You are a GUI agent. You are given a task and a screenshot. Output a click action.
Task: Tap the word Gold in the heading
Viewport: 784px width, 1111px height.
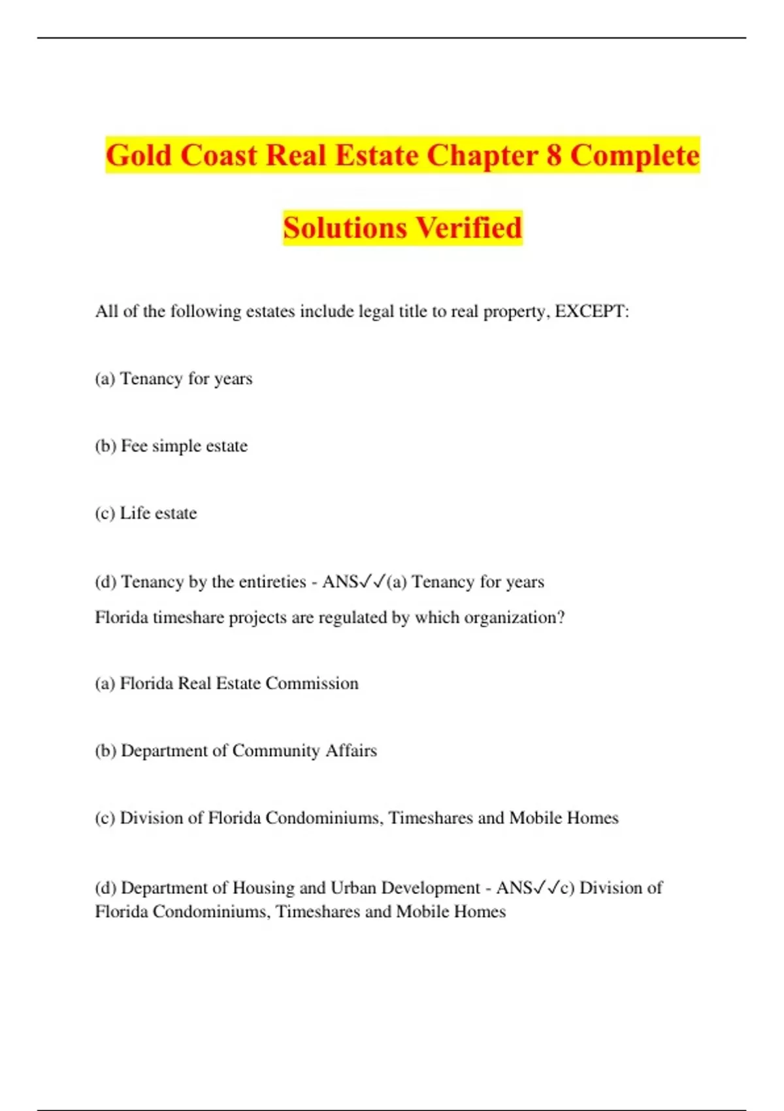pyautogui.click(x=139, y=156)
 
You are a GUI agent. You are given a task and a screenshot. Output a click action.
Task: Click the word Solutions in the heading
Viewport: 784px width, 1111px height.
pyautogui.click(x=345, y=227)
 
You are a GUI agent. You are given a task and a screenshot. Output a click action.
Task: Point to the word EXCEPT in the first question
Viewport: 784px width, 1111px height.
pyautogui.click(x=589, y=311)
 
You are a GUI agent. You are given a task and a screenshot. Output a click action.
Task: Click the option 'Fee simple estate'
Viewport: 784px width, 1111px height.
pyautogui.click(x=184, y=446)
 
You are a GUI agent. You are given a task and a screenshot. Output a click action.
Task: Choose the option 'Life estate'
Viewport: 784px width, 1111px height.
pyautogui.click(x=158, y=513)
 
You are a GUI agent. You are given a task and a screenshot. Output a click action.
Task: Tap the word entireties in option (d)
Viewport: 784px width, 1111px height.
pyautogui.click(x=268, y=582)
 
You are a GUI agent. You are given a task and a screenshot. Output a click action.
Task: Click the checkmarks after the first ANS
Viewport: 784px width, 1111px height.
pyautogui.click(x=373, y=581)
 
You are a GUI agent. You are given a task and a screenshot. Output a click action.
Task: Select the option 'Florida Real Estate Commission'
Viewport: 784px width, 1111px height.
pyautogui.click(x=239, y=684)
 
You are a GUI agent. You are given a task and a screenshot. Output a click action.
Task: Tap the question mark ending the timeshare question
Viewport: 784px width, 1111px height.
pyautogui.click(x=561, y=618)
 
